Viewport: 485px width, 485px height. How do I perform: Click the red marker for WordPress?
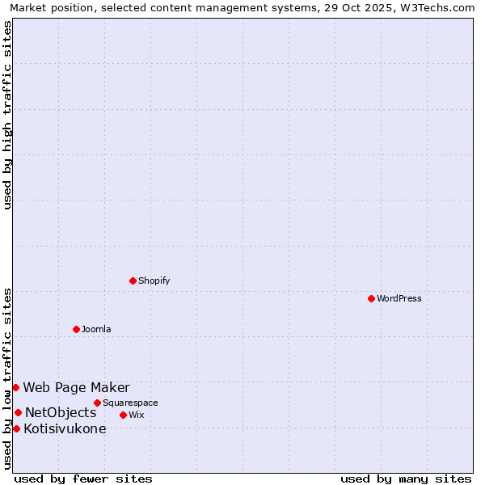tap(371, 298)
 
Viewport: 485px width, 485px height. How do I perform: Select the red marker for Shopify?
tap(133, 280)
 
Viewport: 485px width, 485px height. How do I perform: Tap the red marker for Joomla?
tap(76, 329)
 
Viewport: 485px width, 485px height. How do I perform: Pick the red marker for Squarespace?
tap(97, 403)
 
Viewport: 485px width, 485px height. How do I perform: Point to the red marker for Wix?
tap(123, 415)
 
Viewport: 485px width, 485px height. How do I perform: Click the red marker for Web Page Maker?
tap(15, 387)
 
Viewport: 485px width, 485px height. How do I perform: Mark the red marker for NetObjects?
tap(18, 412)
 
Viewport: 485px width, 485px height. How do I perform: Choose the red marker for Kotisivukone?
tap(16, 428)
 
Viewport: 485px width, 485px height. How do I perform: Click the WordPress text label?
tap(399, 298)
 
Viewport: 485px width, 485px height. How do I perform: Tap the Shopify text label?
tap(154, 280)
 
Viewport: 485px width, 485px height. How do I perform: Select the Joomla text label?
tap(96, 329)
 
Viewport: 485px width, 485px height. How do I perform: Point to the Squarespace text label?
tap(130, 403)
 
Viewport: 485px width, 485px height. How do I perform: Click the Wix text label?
tap(137, 415)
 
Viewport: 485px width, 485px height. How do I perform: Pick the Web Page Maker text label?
tap(76, 387)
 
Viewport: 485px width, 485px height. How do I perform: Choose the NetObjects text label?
tap(61, 412)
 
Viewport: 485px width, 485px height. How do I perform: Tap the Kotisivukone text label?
tap(65, 428)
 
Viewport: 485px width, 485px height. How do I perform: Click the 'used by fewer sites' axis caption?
tap(83, 479)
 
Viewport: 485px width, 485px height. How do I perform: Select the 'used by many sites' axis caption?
tap(406, 479)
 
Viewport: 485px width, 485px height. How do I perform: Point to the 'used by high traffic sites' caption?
tap(8, 115)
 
